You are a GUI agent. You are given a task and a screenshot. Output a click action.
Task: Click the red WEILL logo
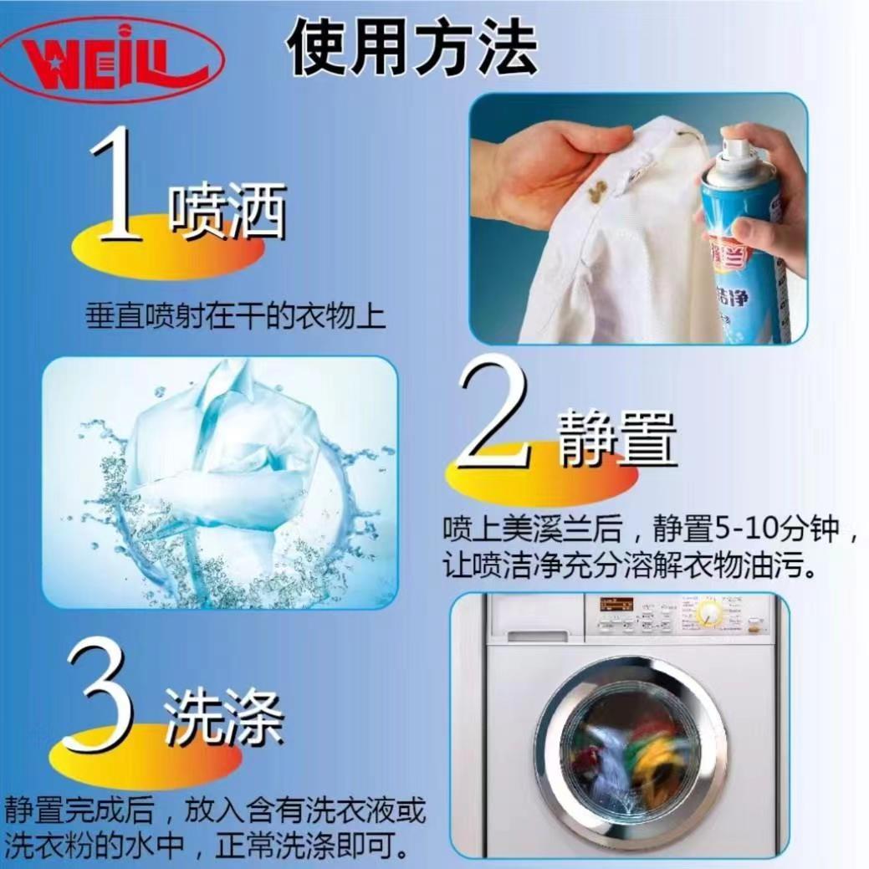[113, 60]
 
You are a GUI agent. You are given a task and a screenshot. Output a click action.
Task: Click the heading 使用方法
[413, 47]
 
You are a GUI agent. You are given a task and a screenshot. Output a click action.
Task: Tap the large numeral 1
[115, 186]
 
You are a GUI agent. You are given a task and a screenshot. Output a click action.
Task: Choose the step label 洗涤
[224, 718]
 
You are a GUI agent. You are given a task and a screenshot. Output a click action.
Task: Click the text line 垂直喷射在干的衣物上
[236, 316]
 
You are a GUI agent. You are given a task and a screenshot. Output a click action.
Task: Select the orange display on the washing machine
[616, 602]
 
